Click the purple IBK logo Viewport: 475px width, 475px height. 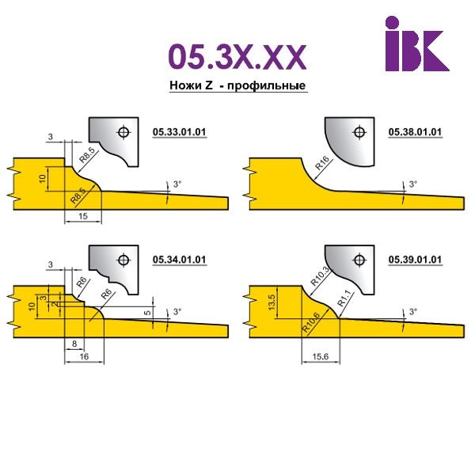[417, 44]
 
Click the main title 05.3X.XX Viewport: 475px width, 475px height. [237, 57]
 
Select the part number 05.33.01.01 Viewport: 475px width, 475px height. [179, 132]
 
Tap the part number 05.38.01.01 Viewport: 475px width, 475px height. [415, 132]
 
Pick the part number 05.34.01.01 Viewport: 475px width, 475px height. [179, 260]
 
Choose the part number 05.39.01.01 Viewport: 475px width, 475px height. [415, 260]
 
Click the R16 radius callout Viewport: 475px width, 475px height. [322, 162]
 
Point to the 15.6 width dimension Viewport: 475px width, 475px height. [321, 356]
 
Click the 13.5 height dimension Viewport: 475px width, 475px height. [272, 302]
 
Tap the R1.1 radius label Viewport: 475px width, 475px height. [344, 298]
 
